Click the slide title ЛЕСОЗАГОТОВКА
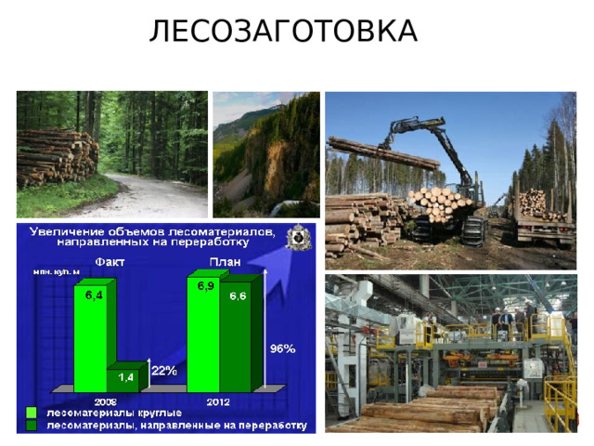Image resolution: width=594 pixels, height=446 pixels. coord(283,32)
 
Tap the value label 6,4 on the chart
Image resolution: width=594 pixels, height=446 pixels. coord(95,295)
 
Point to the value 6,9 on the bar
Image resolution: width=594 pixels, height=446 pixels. coord(206,286)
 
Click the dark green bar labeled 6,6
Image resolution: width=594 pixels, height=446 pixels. coord(238,334)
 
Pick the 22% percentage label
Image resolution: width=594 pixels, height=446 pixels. coord(164,371)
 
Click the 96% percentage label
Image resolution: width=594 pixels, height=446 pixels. coord(282,349)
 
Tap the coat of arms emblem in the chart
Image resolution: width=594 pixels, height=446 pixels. coord(299,238)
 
